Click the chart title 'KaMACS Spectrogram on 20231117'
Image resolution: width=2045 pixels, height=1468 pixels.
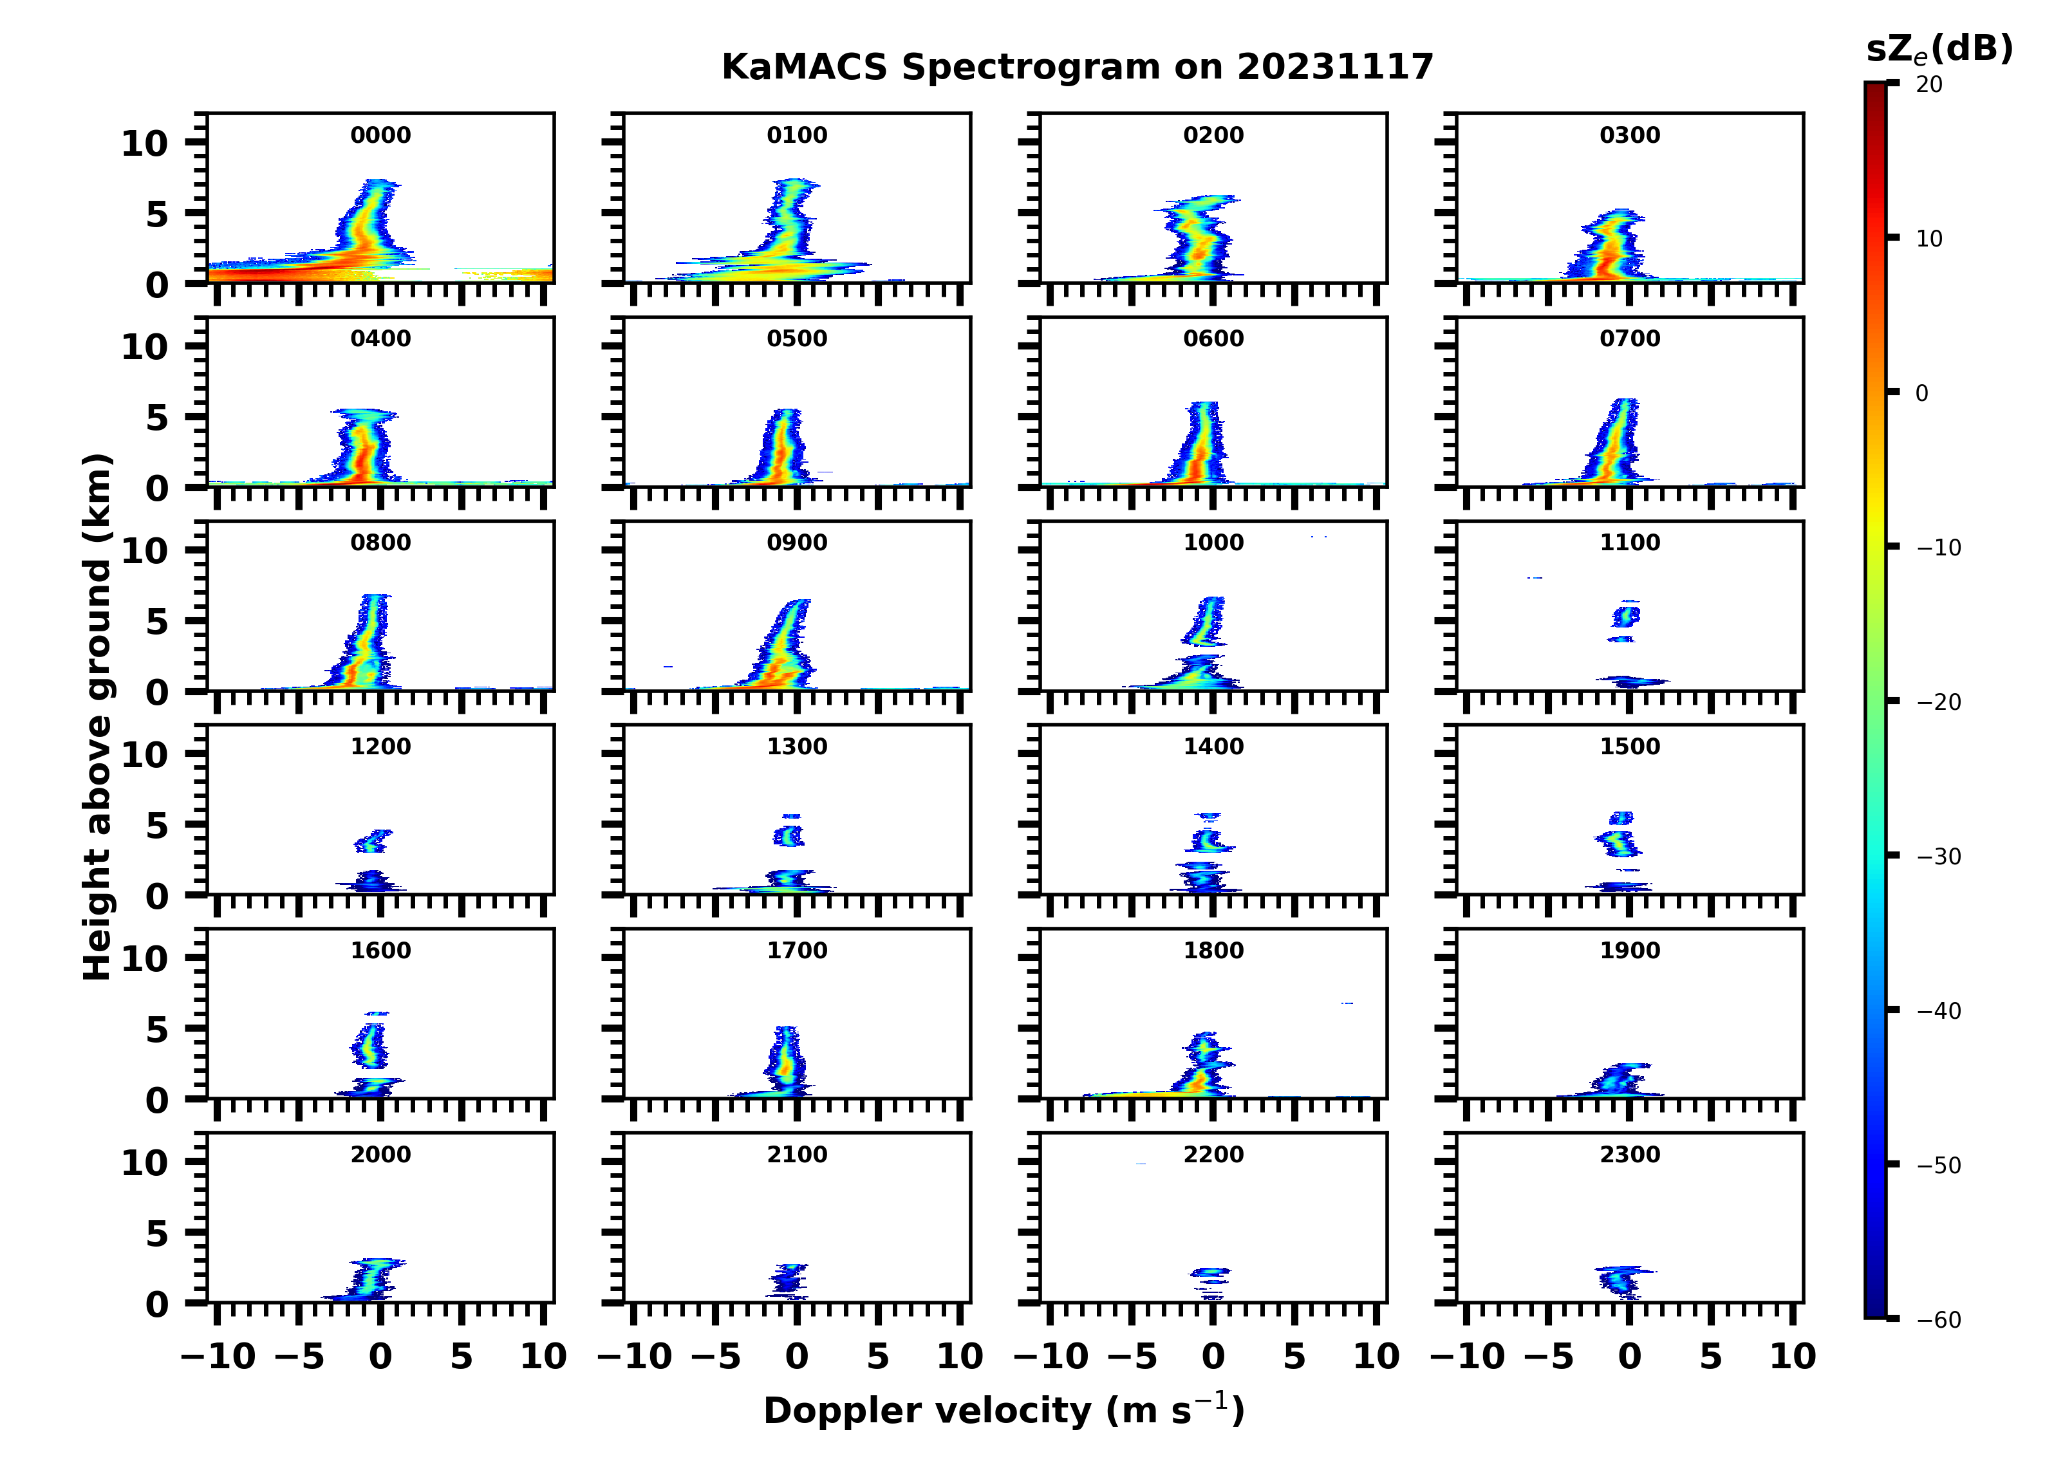[1077, 68]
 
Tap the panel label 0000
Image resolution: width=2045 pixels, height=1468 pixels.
[380, 135]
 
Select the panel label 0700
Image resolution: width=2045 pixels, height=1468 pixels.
[1629, 339]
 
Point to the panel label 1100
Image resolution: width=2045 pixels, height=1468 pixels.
[1629, 543]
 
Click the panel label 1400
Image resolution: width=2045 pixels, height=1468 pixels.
[1213, 747]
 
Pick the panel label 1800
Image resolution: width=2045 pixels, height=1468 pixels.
[1213, 951]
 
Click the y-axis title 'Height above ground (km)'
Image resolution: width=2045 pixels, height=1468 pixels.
[97, 717]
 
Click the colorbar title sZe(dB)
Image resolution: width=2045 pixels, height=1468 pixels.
[1939, 50]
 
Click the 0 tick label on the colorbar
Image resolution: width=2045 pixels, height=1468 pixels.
[1921, 393]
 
